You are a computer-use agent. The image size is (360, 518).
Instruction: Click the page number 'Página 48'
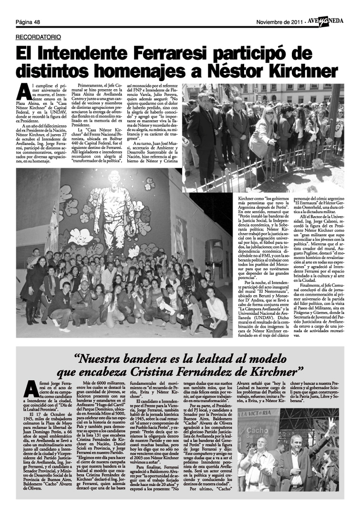pyautogui.click(x=28, y=21)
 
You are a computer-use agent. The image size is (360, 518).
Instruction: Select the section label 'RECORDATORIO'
pyautogui.click(x=38, y=37)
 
